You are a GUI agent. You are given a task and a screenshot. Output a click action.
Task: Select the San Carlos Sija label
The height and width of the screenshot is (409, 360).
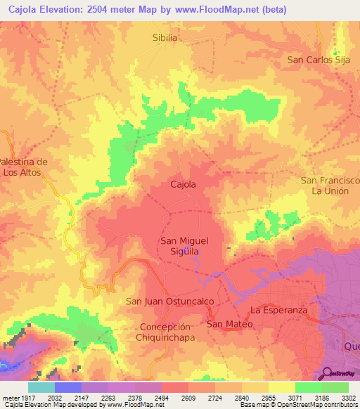coord(319,60)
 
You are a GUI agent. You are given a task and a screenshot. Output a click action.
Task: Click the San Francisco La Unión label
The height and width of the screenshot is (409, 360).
coord(330,186)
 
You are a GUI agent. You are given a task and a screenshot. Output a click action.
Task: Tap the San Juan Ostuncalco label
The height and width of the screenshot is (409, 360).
coord(169,301)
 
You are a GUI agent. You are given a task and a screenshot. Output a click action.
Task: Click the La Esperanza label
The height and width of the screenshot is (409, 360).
coord(280,309)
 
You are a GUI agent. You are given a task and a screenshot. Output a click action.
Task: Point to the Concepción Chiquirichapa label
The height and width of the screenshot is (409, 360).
coord(166,332)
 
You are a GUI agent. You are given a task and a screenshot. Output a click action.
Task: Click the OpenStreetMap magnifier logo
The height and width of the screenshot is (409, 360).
coord(328,373)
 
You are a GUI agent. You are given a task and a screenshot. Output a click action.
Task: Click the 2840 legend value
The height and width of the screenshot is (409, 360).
coord(242,397)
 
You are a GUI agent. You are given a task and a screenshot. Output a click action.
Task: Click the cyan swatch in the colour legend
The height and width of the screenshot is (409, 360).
coord(41,387)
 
